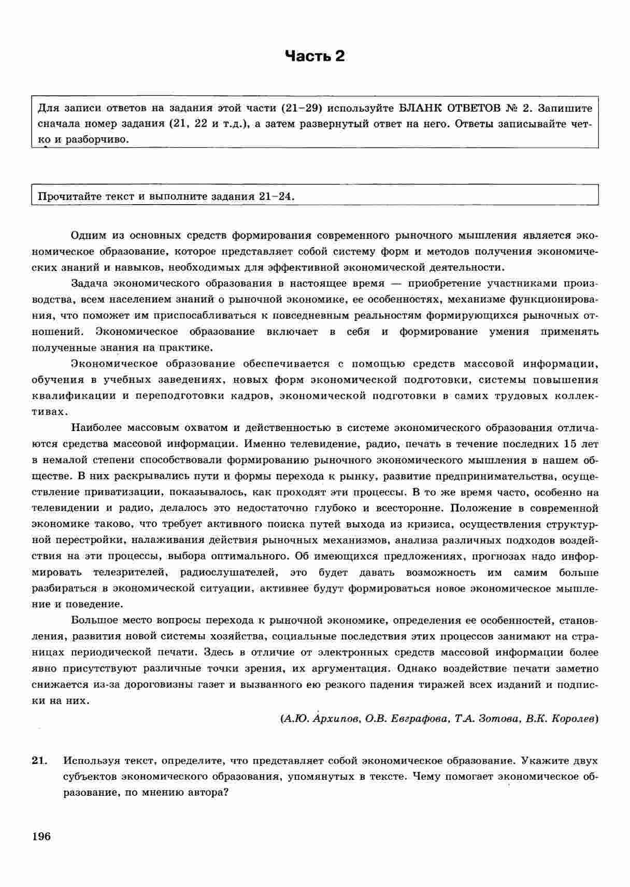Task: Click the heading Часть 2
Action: (x=315, y=56)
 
